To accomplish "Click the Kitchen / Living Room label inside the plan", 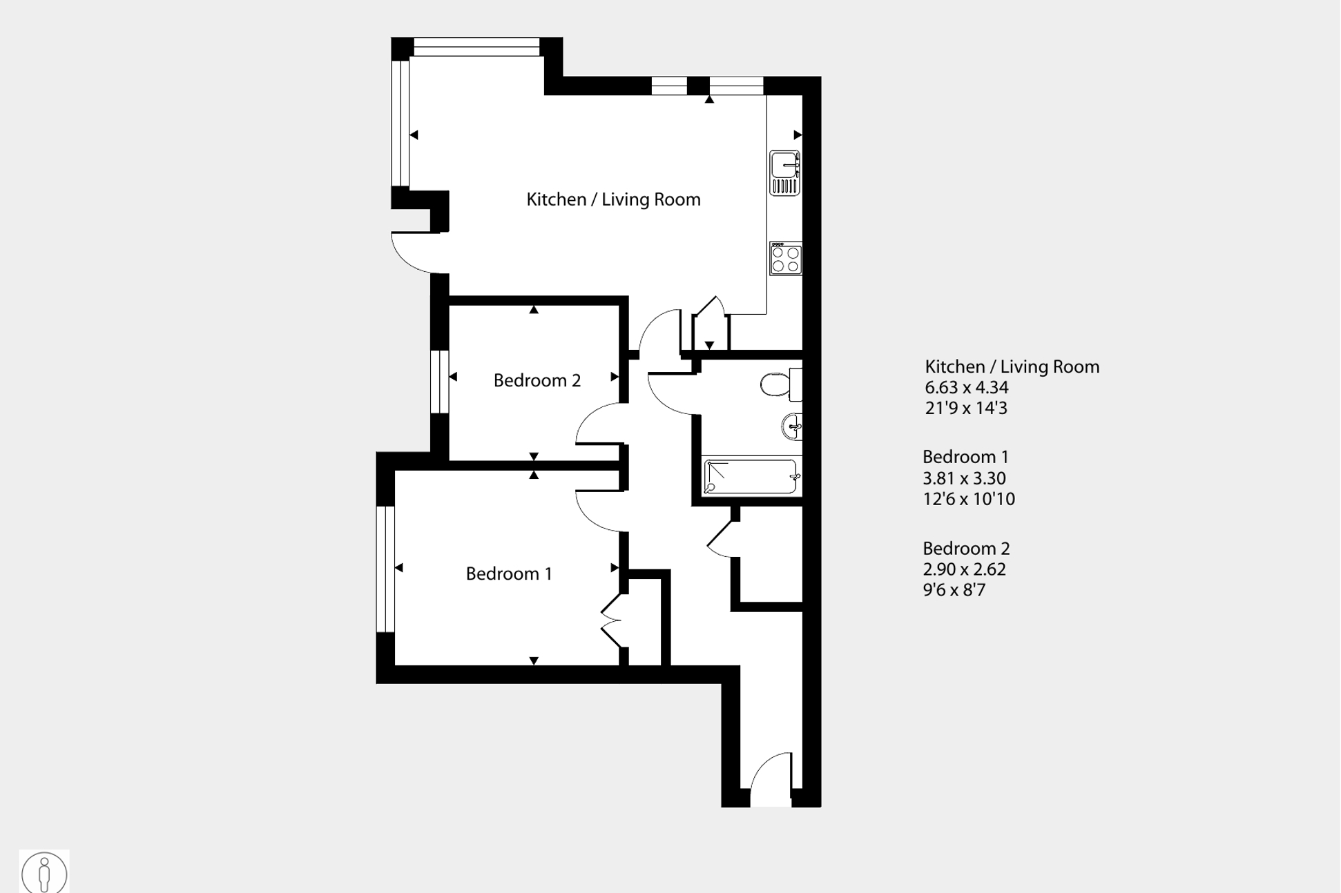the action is (x=613, y=199).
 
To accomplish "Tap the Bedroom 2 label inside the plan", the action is (x=537, y=380).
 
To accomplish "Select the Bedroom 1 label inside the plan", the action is (x=509, y=573).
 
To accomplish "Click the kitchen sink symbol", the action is (x=785, y=173).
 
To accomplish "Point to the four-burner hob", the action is (x=786, y=258).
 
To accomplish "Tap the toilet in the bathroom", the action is (x=781, y=384).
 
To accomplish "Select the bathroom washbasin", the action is (x=792, y=426).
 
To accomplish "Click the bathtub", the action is (x=751, y=476).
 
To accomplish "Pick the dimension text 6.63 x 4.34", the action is (x=967, y=388).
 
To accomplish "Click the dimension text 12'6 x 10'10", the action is (x=969, y=499).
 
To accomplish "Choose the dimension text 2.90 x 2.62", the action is (x=965, y=569).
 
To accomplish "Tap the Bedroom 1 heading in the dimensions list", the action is (x=965, y=457).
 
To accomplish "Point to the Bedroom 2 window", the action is (x=439, y=382).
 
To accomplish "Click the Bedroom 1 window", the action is (x=385, y=569).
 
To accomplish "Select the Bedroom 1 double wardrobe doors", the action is (x=612, y=621).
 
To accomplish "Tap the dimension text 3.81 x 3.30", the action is (x=964, y=478).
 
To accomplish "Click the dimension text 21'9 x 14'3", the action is (x=966, y=408).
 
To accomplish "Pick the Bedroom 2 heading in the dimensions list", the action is (x=966, y=549).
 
